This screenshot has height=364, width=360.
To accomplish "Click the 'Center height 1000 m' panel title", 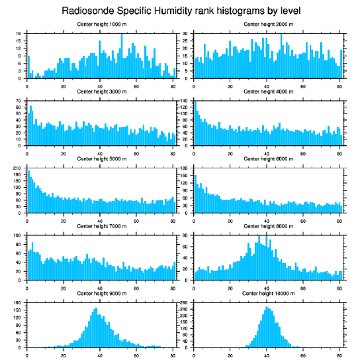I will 101,24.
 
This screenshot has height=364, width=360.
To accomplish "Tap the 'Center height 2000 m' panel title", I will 268,24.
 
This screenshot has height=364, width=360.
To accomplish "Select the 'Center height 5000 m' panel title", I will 101,159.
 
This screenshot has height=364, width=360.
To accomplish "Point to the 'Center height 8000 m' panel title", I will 268,226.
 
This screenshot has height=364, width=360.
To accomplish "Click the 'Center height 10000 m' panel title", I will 268,293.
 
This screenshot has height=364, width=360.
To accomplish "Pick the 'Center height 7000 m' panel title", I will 101,226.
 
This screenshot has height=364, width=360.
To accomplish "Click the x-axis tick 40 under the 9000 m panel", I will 100,354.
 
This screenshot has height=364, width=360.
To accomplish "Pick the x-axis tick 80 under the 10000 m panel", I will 339,354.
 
